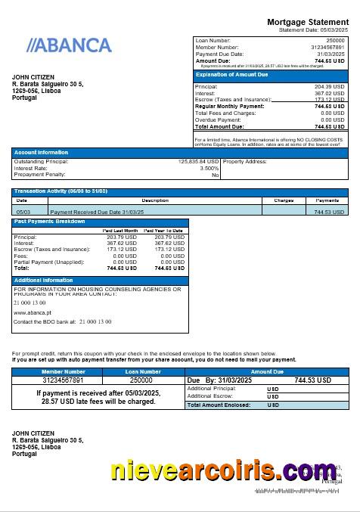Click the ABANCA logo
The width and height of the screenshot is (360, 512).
[69, 45]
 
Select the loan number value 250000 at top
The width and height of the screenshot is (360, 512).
[335, 40]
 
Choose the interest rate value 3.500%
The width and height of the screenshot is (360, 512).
[209, 168]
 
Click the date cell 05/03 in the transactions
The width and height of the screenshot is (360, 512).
[23, 212]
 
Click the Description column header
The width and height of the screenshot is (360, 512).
[155, 200]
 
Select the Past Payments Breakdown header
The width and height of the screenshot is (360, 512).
[50, 222]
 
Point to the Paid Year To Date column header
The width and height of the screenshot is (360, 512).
[163, 230]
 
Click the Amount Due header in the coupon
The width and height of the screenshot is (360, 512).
[266, 372]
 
